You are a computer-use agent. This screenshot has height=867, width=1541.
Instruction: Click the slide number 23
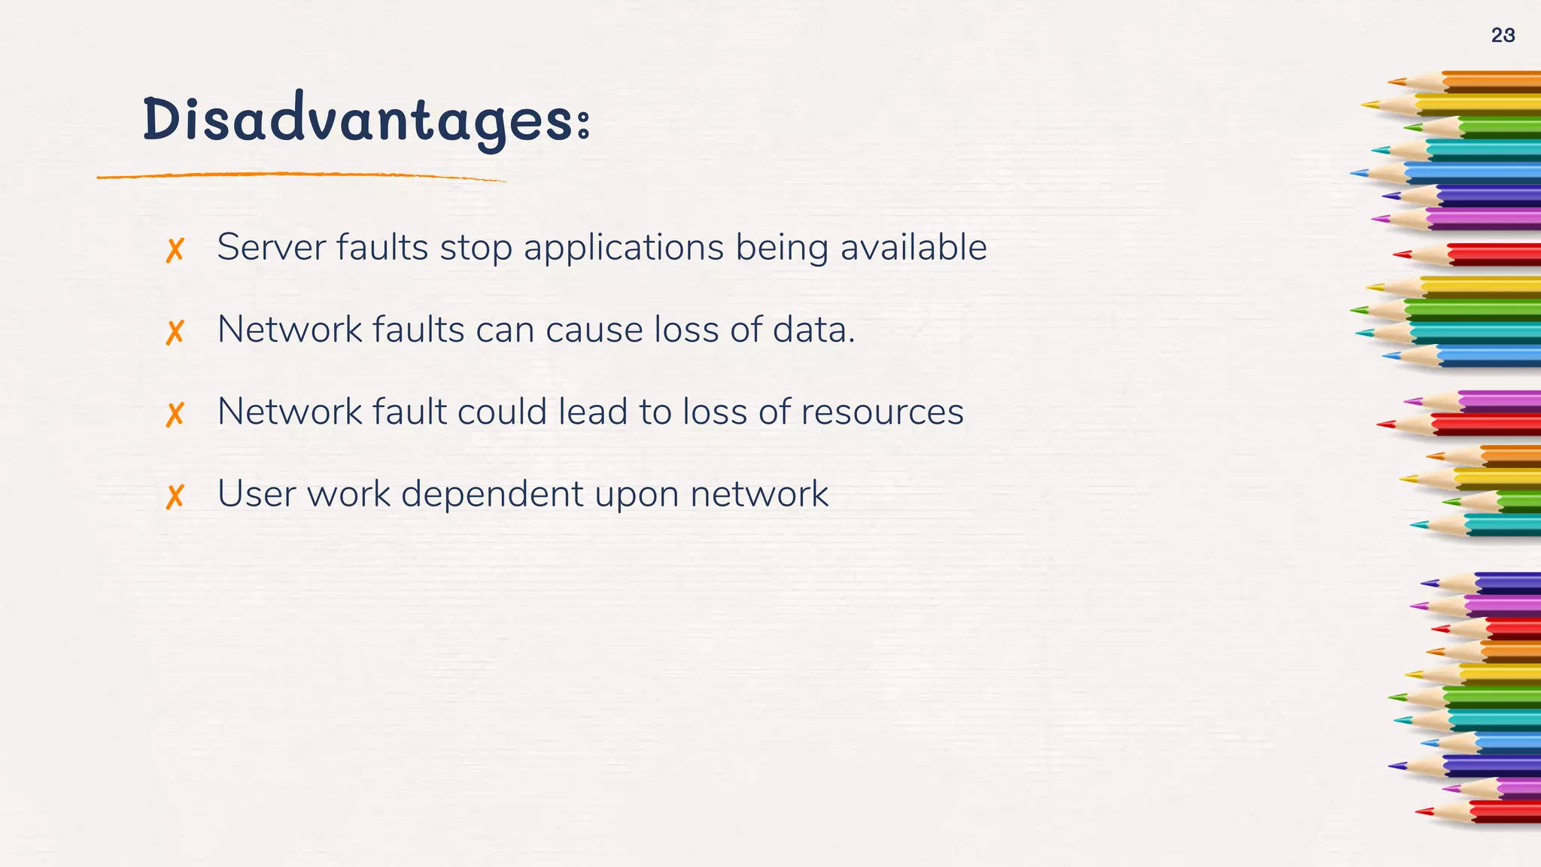point(1503,35)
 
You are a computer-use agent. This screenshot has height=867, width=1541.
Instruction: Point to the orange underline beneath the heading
point(301,176)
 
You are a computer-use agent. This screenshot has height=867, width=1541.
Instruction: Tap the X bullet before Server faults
point(175,250)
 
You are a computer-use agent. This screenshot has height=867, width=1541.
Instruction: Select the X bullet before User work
point(175,497)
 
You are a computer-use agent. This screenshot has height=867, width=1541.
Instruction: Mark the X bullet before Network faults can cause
point(175,332)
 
